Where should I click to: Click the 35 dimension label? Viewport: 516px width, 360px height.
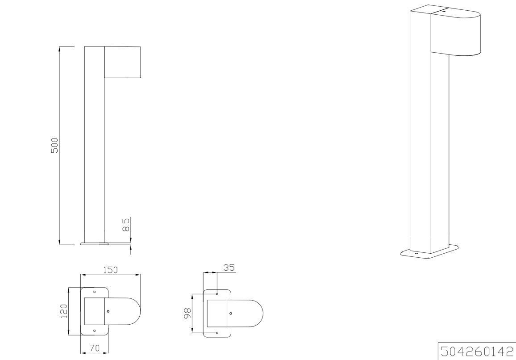(x=229, y=268)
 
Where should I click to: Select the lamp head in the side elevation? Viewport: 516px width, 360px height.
(x=122, y=62)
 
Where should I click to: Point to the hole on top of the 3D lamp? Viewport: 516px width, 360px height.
(x=443, y=11)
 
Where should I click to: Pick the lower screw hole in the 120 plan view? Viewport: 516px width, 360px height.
(x=94, y=331)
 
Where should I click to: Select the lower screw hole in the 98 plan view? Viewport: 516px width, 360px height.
(x=217, y=333)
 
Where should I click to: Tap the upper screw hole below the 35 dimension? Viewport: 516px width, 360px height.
(x=217, y=294)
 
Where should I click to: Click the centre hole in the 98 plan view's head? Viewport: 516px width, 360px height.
(x=231, y=313)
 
